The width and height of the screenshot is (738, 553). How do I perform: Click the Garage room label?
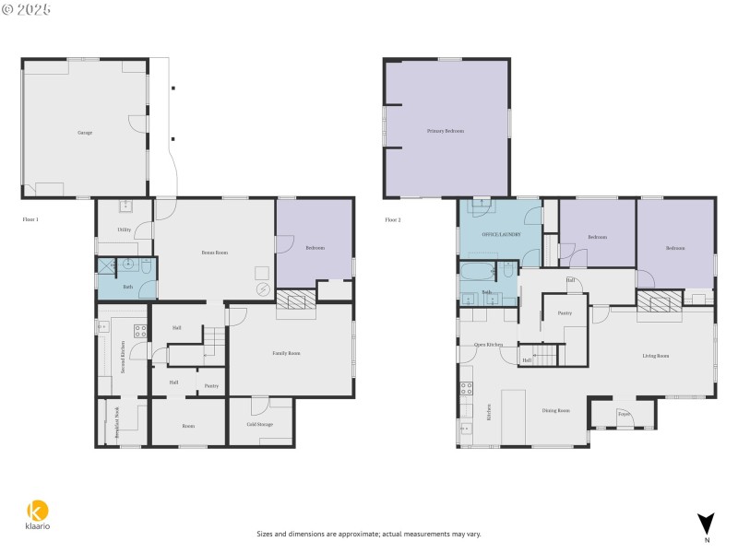click(85, 133)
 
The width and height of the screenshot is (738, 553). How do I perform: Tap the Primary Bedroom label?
click(445, 131)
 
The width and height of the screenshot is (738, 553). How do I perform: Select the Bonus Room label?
click(215, 252)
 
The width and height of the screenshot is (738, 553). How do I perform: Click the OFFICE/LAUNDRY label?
click(501, 234)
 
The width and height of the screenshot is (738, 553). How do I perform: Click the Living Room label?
click(655, 355)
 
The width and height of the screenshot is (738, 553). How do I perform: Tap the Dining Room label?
click(555, 410)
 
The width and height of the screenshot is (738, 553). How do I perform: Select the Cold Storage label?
click(260, 425)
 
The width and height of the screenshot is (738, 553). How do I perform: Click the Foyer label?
click(624, 414)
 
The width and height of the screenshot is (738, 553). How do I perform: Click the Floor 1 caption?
click(30, 219)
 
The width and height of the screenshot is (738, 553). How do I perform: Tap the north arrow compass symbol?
click(706, 523)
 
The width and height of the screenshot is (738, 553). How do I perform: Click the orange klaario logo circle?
click(37, 510)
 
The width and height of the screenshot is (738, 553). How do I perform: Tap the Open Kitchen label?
click(488, 344)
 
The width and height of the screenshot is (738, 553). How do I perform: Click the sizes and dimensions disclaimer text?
click(368, 534)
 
